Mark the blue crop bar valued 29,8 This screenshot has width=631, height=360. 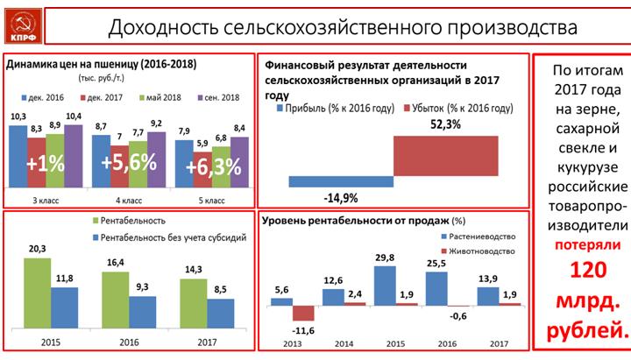pyautogui.click(x=386, y=285)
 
